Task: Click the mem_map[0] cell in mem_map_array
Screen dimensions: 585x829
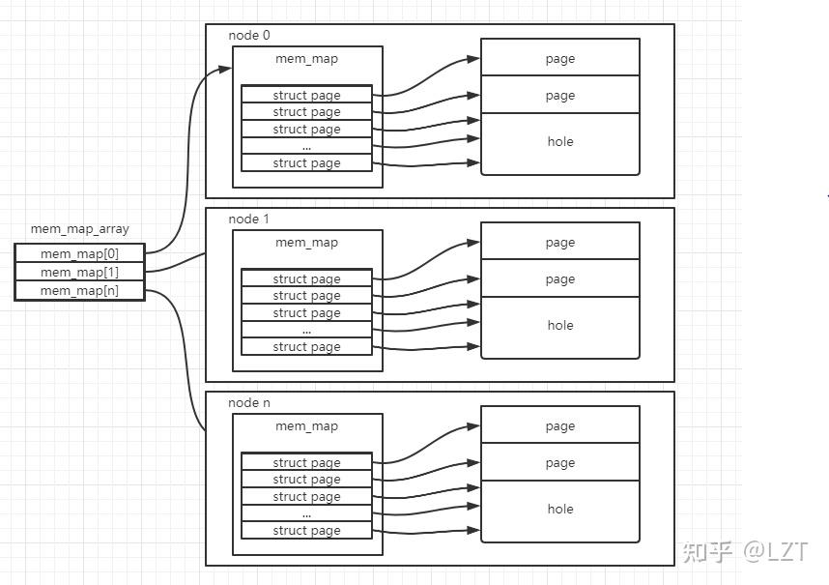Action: [79, 253]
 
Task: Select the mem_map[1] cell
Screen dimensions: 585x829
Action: [79, 272]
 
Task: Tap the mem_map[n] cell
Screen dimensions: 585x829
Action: [79, 290]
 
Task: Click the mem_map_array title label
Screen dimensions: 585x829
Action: [79, 229]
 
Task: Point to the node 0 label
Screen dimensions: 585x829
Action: [248, 35]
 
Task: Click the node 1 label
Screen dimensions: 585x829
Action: [248, 219]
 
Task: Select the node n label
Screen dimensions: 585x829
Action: [248, 402]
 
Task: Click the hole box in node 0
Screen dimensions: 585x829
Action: [560, 142]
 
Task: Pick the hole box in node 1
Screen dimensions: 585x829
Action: [560, 326]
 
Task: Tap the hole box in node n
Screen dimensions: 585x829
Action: [560, 510]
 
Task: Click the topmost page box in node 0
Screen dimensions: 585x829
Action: [560, 58]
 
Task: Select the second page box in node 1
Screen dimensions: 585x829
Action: [560, 278]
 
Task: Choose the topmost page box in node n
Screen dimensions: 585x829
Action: [560, 425]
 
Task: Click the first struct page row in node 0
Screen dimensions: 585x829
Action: [306, 95]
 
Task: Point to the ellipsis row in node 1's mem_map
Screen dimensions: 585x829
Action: [306, 330]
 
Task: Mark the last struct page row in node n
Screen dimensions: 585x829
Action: [306, 530]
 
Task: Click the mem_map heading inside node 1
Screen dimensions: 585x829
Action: [306, 243]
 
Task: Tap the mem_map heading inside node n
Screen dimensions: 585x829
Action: [306, 426]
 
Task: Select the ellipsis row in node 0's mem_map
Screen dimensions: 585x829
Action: [306, 146]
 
